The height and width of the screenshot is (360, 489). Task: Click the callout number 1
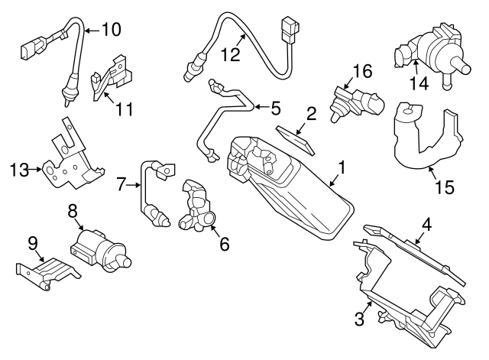342,167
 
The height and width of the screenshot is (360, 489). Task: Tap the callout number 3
358,318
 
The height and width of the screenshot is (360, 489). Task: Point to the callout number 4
427,225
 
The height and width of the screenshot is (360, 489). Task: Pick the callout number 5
274,107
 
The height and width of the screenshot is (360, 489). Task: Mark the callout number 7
121,184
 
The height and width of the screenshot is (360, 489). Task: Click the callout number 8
73,209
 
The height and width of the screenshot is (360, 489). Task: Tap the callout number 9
32,244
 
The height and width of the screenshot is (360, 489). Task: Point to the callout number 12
230,54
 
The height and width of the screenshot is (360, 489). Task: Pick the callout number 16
361,73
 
